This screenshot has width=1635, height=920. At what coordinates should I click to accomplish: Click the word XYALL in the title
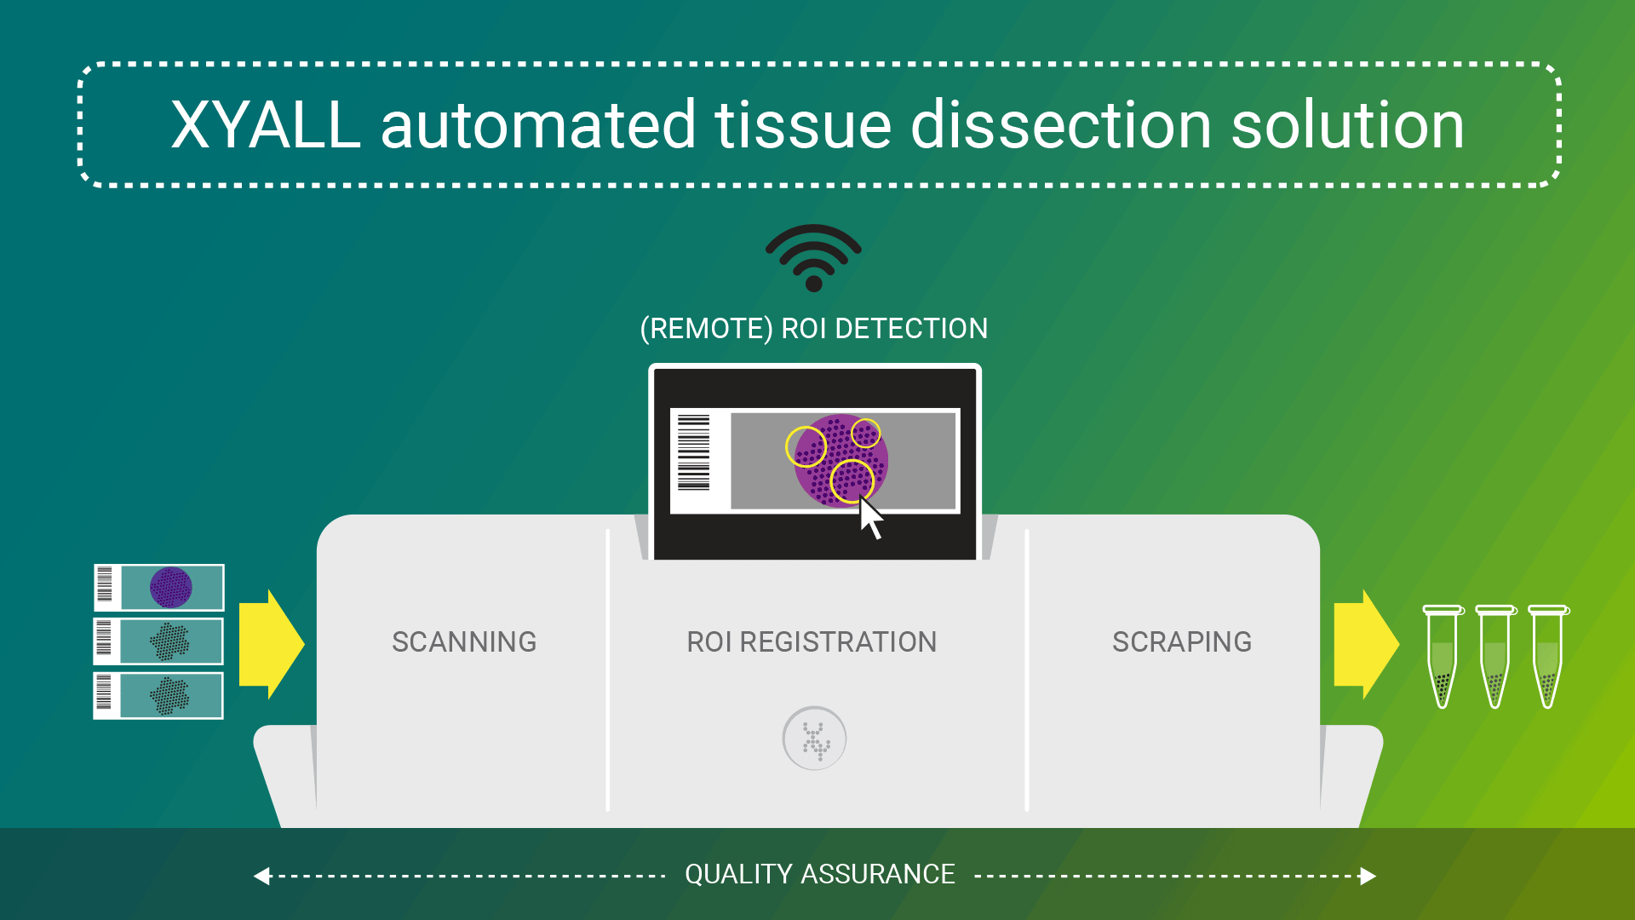point(266,125)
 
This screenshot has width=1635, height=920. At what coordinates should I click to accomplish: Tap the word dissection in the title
point(1061,125)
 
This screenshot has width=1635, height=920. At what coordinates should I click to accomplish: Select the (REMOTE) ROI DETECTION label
point(814,328)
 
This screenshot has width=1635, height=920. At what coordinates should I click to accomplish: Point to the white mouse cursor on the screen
point(870,518)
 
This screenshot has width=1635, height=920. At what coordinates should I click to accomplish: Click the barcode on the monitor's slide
point(693,452)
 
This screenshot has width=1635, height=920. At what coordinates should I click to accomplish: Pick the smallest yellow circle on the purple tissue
point(865,433)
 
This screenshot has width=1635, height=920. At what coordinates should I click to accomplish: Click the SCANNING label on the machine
point(464,641)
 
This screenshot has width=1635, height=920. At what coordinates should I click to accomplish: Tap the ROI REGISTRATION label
point(812,641)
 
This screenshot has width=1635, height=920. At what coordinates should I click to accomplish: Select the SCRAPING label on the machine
point(1182,641)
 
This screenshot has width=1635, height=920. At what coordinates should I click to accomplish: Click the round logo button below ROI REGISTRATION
point(814,739)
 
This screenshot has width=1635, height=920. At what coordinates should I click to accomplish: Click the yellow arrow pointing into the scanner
point(271,644)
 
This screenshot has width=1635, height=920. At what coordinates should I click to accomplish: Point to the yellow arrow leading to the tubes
point(1366,644)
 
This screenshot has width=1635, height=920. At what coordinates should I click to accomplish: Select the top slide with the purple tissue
point(159,587)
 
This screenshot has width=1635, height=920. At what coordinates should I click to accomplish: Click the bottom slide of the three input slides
point(158,695)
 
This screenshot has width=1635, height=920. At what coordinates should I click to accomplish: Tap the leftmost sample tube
point(1443,656)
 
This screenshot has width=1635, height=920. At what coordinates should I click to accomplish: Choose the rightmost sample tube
point(1548,656)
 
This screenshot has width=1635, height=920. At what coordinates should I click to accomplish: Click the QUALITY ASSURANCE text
point(820,874)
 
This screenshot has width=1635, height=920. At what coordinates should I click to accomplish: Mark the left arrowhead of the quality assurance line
point(262,876)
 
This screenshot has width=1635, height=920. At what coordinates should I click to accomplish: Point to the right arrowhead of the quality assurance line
point(1368,876)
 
